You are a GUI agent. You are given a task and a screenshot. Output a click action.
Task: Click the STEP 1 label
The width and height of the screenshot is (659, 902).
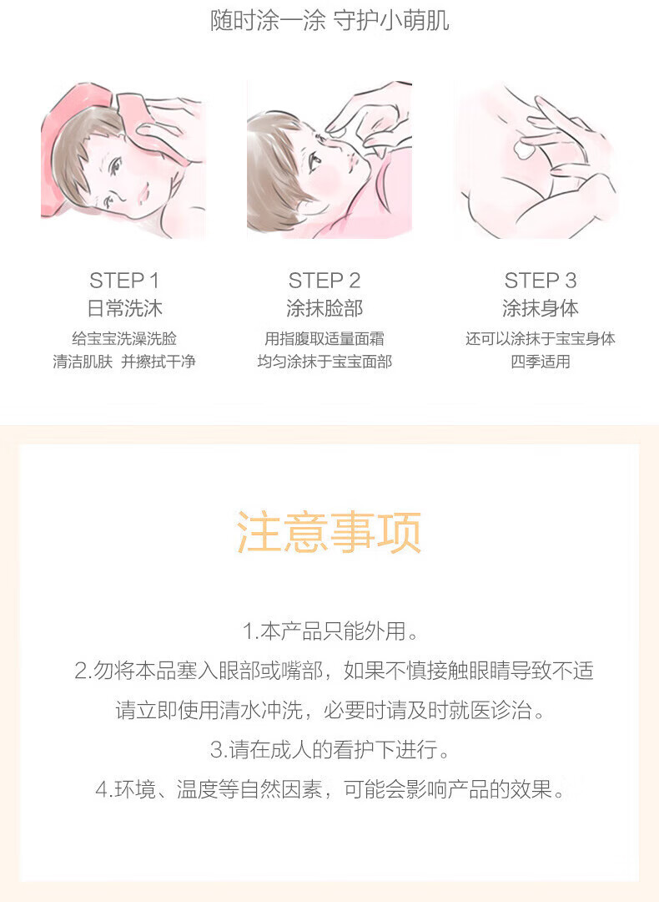pyautogui.click(x=124, y=281)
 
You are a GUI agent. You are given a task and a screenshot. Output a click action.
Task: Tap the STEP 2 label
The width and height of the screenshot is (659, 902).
pyautogui.click(x=324, y=281)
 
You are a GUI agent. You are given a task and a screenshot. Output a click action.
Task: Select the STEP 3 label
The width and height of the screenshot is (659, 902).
pyautogui.click(x=540, y=281)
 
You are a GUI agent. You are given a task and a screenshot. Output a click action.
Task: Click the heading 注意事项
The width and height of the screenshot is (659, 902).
pyautogui.click(x=329, y=532)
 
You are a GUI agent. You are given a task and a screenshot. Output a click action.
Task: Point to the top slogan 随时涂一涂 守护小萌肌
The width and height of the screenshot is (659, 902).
pyautogui.click(x=329, y=21)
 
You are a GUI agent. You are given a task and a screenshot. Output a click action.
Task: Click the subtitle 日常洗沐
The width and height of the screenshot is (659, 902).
pyautogui.click(x=124, y=308)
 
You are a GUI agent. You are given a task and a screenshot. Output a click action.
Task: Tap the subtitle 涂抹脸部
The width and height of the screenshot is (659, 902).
pyautogui.click(x=324, y=308)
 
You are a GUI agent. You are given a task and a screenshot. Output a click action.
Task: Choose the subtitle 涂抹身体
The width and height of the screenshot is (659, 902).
pyautogui.click(x=540, y=308)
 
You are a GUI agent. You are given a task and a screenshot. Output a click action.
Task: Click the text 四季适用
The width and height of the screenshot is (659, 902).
pyautogui.click(x=540, y=362)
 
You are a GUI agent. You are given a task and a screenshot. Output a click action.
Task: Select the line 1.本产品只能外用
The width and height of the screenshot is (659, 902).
pyautogui.click(x=330, y=631)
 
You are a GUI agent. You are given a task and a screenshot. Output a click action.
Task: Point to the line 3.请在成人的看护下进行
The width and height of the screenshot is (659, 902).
pyautogui.click(x=329, y=749)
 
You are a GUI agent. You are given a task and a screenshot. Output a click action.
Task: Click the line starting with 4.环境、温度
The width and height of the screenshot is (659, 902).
pyautogui.click(x=329, y=789)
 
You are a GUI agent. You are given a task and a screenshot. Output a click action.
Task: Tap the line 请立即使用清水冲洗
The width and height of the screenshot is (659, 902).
pyautogui.click(x=329, y=711)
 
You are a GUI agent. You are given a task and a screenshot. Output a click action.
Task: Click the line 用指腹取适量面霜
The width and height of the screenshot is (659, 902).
pyautogui.click(x=324, y=338)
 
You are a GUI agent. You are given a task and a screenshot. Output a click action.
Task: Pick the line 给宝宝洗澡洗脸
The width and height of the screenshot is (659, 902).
pyautogui.click(x=124, y=338)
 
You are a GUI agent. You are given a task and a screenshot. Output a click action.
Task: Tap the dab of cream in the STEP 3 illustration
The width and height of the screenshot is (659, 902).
pyautogui.click(x=525, y=149)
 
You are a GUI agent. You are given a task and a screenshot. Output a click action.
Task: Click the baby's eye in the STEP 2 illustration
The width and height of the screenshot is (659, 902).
pyautogui.click(x=314, y=161)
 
